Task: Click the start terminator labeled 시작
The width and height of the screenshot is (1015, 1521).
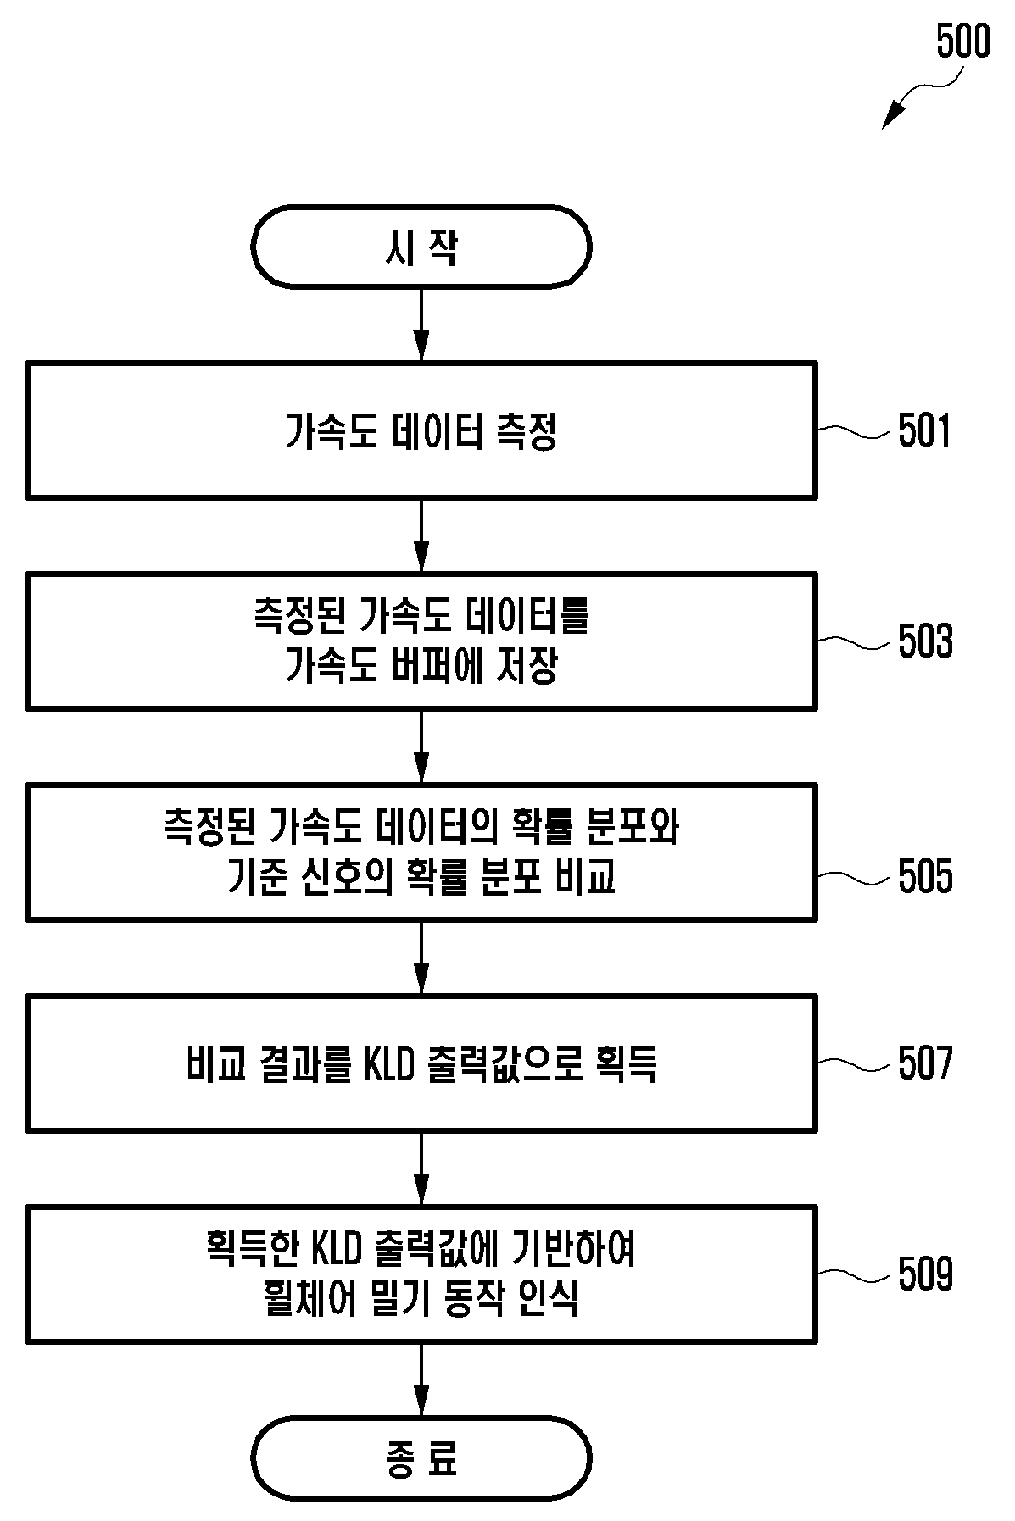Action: tap(421, 247)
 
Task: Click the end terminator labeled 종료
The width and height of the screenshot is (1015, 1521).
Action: tap(421, 1459)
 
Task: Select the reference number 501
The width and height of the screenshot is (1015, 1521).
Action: tap(926, 431)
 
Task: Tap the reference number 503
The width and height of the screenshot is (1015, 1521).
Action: tap(926, 641)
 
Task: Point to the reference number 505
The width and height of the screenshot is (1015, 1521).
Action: tap(926, 876)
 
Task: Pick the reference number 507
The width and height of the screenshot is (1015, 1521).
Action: tap(926, 1063)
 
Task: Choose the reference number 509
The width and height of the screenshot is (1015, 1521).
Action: tap(926, 1274)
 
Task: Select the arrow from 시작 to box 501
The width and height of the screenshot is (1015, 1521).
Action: tap(421, 325)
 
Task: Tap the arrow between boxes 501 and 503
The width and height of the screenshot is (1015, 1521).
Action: tap(421, 536)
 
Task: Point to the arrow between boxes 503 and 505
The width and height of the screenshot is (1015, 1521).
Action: tap(421, 747)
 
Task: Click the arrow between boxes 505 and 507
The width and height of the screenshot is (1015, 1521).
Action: tap(421, 958)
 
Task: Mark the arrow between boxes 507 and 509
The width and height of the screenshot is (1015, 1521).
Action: tap(421, 1169)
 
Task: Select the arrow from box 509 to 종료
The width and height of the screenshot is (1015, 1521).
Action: tap(421, 1380)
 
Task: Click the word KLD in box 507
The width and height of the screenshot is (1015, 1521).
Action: tap(388, 1064)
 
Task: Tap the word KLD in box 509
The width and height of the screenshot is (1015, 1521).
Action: tap(337, 1249)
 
